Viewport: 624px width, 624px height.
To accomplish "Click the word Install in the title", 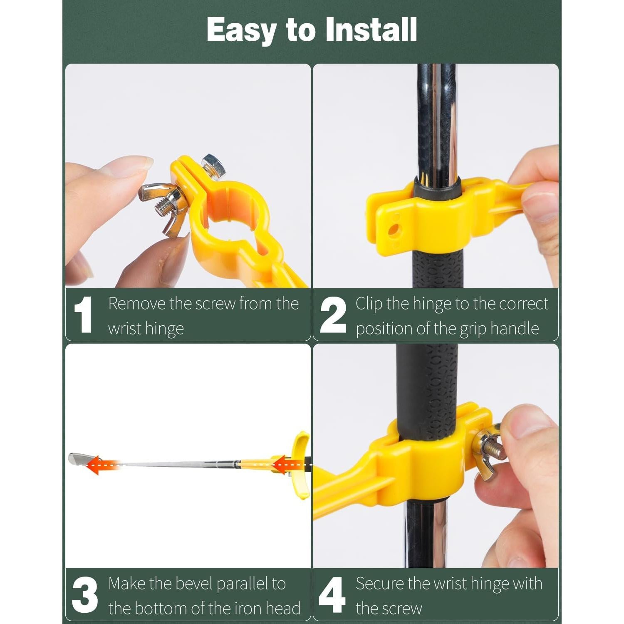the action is click(371, 30).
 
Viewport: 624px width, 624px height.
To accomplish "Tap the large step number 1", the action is click(83, 314).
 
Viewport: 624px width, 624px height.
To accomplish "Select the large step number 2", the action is click(333, 314).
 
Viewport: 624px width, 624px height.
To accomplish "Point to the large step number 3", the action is click(84, 594).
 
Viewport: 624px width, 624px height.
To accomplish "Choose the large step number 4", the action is click(332, 594).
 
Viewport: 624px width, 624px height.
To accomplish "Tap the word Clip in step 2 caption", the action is click(369, 305).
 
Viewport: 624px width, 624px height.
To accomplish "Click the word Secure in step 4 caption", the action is click(380, 584).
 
